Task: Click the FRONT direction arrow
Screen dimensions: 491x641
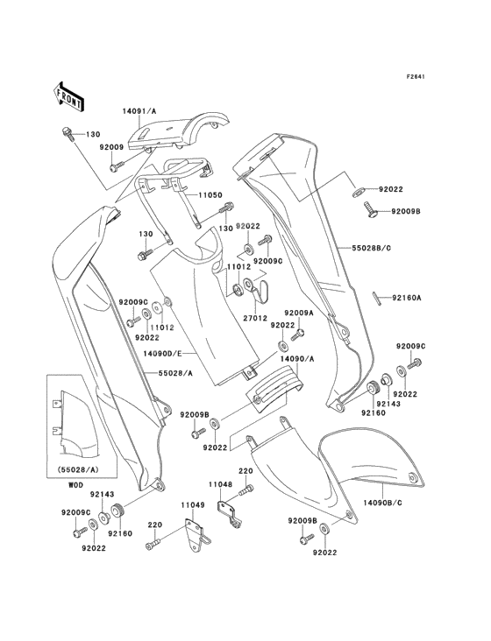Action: [68, 97]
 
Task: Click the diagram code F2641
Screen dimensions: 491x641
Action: [416, 76]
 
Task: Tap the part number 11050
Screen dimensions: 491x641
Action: [209, 195]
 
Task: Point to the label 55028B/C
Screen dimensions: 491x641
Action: [371, 248]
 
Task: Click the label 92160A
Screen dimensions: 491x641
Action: [406, 298]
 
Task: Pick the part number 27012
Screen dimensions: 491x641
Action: [256, 318]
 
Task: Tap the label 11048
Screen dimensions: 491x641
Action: [221, 484]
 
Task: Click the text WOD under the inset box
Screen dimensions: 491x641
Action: [75, 485]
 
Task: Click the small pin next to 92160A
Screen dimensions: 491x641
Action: [377, 298]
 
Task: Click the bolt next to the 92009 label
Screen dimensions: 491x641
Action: [117, 166]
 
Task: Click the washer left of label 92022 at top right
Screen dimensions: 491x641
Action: [358, 191]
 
